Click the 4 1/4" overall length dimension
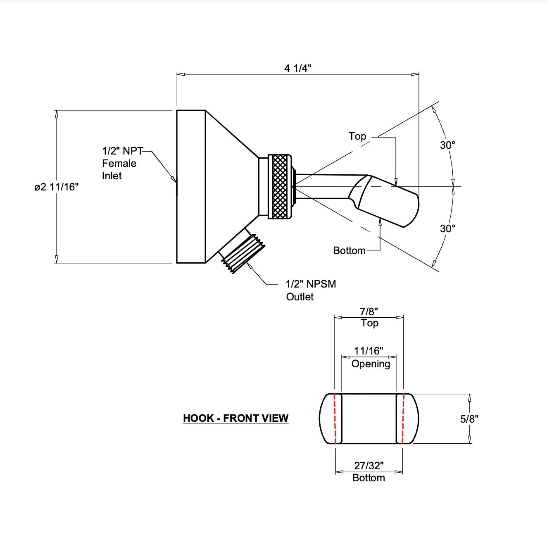coord(297,68)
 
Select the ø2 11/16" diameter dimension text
coord(56,187)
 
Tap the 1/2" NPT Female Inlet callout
coord(119,163)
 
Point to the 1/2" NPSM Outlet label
coord(311,290)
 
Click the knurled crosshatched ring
coord(280,186)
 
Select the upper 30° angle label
coord(447,145)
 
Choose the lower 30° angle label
coord(447,228)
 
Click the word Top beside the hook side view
coord(357,136)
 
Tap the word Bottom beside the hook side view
coord(349,250)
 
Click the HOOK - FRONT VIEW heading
coord(235,418)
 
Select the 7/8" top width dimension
coord(369,312)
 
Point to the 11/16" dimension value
coord(369,351)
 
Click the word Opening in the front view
coord(371,364)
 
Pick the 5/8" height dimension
coord(469,419)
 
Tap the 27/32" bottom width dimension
coord(369,466)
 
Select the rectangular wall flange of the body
coord(191,186)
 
